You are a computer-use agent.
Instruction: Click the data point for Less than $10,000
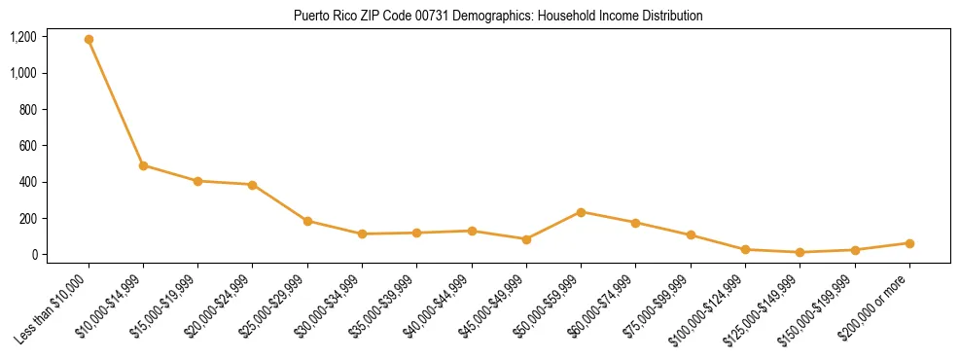point(89,40)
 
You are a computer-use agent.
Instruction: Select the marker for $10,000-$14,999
point(143,165)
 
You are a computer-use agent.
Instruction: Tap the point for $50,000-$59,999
point(581,212)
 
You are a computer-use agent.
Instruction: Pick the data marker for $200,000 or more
point(909,243)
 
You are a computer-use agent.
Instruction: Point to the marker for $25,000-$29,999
point(307,221)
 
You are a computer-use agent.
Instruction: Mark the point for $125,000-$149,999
point(800,252)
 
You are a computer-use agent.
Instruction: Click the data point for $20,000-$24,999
point(253,185)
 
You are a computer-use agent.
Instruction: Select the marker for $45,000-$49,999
point(526,239)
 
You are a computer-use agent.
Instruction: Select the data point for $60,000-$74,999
point(635,223)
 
